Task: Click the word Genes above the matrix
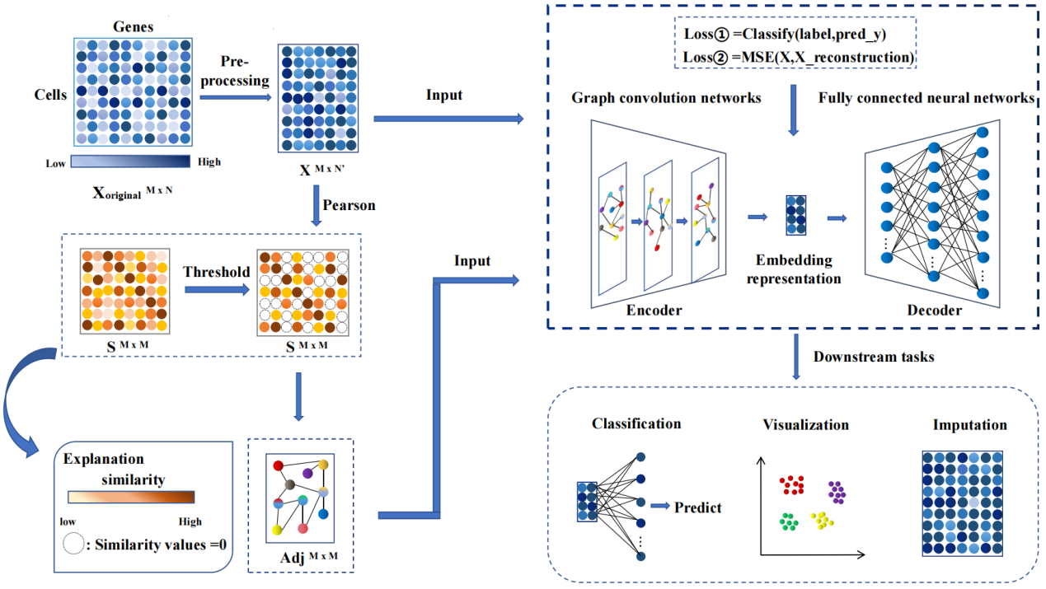tap(133, 26)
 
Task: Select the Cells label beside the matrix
tap(50, 95)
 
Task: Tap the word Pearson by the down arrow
tap(349, 205)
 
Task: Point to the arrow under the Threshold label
tap(216, 290)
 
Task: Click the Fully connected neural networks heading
tap(926, 98)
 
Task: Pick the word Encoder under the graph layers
tap(654, 310)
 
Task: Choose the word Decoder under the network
tap(935, 310)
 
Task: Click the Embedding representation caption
tap(794, 269)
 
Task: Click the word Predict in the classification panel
tap(697, 507)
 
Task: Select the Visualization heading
tap(805, 425)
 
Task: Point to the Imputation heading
tap(969, 425)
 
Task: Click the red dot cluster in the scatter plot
tap(792, 484)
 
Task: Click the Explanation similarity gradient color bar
tap(130, 497)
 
